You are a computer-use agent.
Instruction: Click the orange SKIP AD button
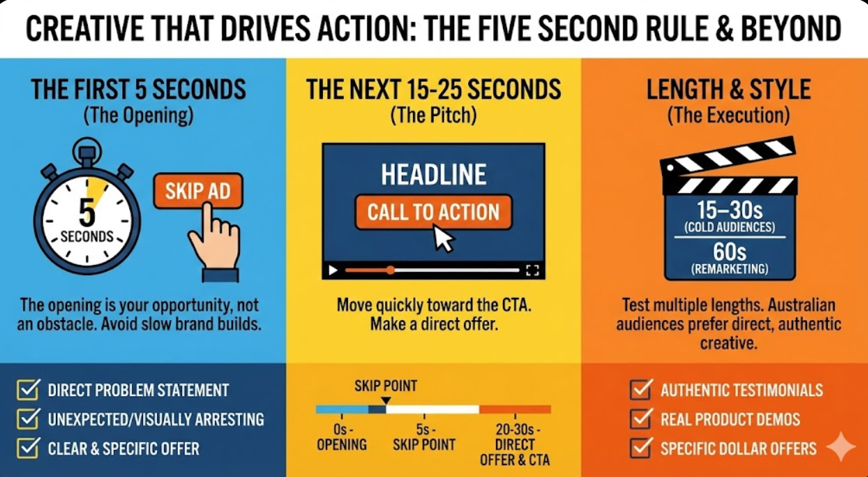point(198,191)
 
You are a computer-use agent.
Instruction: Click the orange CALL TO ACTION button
point(434,212)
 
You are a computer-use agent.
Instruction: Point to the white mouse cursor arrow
point(443,239)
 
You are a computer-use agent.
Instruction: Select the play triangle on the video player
point(333,270)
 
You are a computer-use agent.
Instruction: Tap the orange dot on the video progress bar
point(390,270)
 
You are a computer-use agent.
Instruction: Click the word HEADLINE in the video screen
point(434,174)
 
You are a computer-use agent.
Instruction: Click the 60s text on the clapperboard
point(730,252)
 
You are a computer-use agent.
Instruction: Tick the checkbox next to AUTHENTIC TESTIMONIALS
point(640,390)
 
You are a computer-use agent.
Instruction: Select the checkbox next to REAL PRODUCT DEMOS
point(640,419)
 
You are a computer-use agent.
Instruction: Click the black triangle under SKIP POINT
point(386,400)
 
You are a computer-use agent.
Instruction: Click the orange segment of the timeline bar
point(515,409)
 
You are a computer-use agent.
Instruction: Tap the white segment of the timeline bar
point(432,409)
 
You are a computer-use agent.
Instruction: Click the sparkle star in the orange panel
point(841,447)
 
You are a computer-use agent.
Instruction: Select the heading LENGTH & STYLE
point(728,90)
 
